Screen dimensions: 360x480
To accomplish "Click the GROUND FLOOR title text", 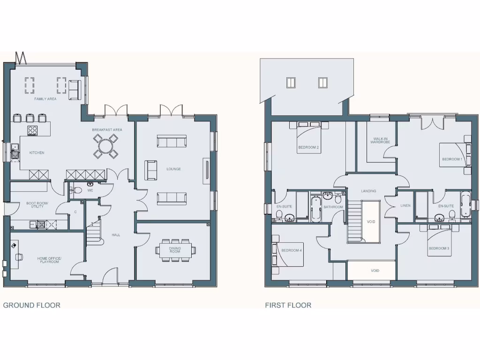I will [x=32, y=305].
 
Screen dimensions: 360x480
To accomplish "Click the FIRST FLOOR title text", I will [x=288, y=305].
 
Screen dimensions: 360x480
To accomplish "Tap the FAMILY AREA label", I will [x=45, y=99].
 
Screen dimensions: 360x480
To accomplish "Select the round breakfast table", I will [x=105, y=146].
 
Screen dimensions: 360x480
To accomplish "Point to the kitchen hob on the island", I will [x=32, y=130].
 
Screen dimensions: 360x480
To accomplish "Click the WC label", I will [x=90, y=190].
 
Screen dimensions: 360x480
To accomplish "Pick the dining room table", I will [x=175, y=248].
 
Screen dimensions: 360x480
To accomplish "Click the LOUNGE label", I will [x=173, y=169].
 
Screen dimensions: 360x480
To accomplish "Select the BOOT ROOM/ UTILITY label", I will [x=37, y=205].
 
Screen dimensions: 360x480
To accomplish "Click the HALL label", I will [x=116, y=235].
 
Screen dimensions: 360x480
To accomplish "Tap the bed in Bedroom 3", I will [x=440, y=241].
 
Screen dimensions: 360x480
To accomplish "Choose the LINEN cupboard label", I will [x=405, y=206].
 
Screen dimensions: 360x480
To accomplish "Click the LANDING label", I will [x=368, y=191].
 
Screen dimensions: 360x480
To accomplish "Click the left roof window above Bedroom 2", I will [x=291, y=83].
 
